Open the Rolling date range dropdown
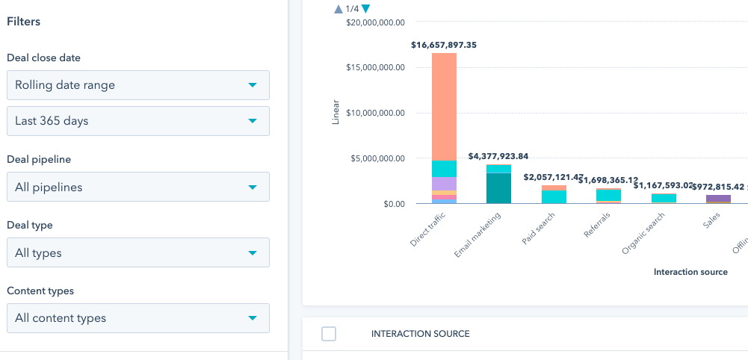tap(137, 85)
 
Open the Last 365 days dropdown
tap(137, 120)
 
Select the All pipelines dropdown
tap(137, 187)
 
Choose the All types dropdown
tap(137, 252)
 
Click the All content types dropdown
tap(137, 318)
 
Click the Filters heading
tap(23, 22)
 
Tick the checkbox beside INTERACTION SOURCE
tap(329, 334)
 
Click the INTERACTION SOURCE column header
tap(420, 334)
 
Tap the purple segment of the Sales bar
tap(718, 198)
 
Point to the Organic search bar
tap(664, 199)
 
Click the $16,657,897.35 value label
tap(444, 45)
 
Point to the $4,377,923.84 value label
tap(498, 156)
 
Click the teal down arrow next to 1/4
tap(365, 9)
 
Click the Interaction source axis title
tap(690, 272)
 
